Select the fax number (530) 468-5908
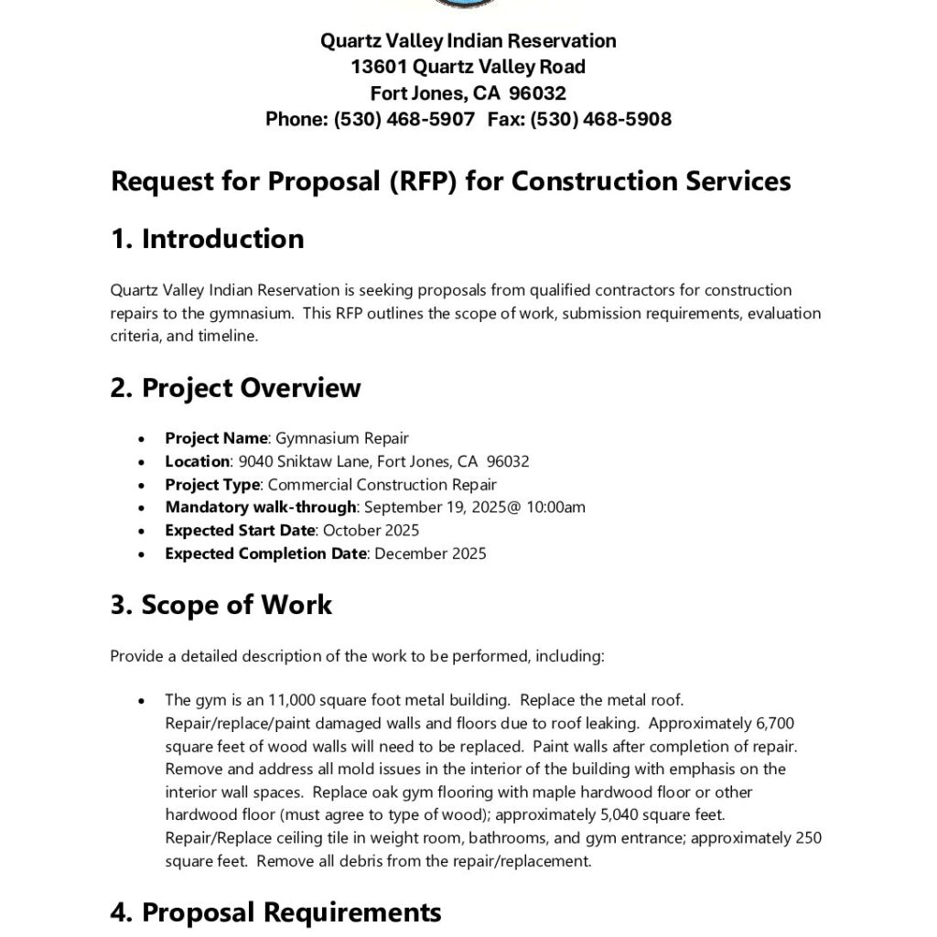[x=600, y=119]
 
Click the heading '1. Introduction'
[x=207, y=239]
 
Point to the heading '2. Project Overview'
[x=235, y=388]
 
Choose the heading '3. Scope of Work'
[x=221, y=605]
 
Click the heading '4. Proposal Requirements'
[x=275, y=912]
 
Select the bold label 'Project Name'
[x=217, y=438]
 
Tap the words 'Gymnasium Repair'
[x=342, y=438]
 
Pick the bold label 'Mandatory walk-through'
[x=260, y=507]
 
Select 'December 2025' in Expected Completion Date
[x=430, y=554]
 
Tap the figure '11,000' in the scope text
[x=290, y=700]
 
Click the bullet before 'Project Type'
[x=141, y=485]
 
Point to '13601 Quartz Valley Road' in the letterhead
[x=468, y=67]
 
